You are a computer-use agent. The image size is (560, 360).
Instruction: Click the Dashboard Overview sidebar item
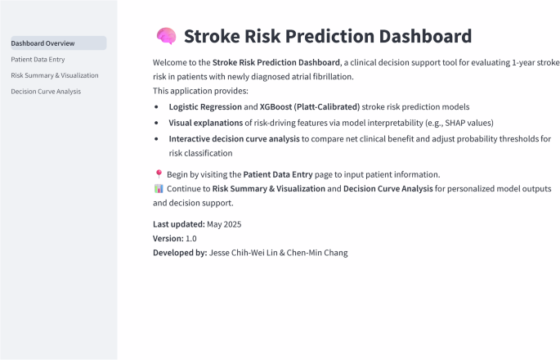(43, 43)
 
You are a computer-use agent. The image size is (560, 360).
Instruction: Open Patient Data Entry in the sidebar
(38, 59)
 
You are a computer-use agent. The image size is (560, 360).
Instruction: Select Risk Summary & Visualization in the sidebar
(55, 75)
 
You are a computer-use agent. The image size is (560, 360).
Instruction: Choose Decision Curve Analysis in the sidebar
(46, 91)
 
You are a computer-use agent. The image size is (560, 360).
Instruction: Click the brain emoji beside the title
(166, 37)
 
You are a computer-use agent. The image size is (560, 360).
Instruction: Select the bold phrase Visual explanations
(205, 123)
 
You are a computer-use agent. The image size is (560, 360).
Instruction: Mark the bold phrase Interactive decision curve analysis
(234, 139)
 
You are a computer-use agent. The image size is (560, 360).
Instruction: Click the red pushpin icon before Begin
(159, 174)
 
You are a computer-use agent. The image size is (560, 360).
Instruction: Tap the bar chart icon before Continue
(159, 189)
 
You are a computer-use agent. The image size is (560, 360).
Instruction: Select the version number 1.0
(191, 238)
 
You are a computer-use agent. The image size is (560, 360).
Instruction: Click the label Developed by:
(180, 253)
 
